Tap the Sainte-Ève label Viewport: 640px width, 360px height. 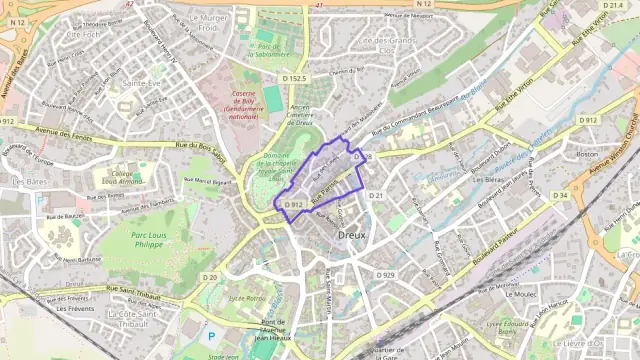point(141,84)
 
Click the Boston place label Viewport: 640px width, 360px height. point(587,154)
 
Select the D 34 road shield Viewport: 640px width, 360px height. point(559,195)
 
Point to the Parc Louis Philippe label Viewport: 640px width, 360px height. point(160,241)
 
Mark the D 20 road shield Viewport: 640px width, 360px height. point(209,277)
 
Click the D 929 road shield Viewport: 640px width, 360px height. point(386,274)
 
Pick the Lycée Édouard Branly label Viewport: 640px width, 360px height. point(509,328)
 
